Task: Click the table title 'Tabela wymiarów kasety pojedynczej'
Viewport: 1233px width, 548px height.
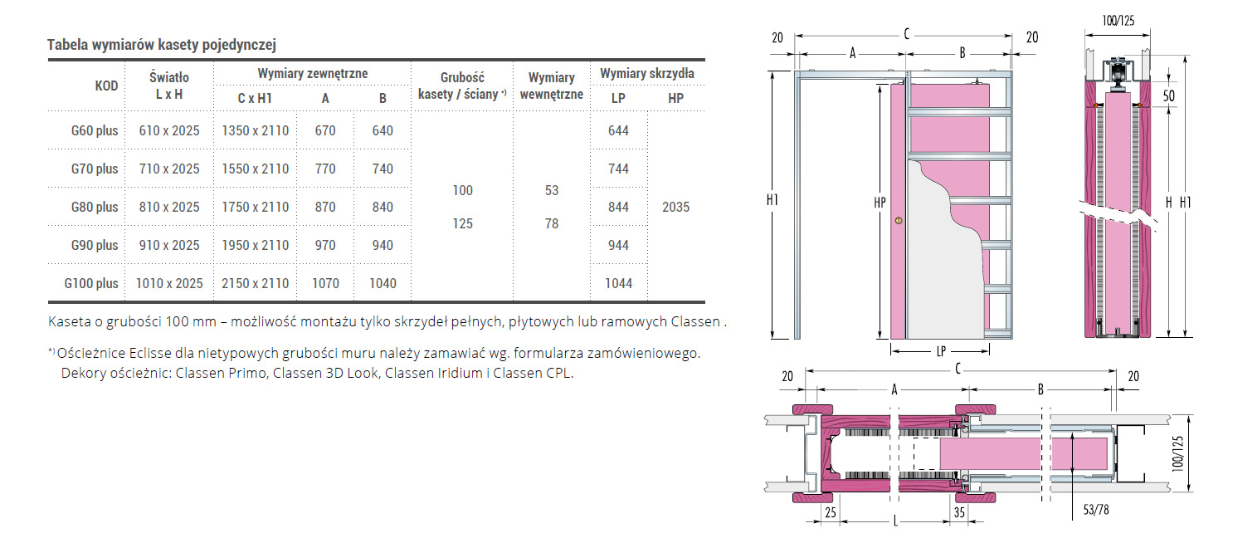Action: (161, 45)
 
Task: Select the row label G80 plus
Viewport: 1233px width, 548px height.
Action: (95, 207)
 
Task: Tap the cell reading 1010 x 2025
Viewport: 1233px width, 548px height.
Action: (169, 284)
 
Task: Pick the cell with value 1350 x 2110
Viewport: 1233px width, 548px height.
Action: (256, 131)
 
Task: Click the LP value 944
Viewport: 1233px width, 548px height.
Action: (619, 246)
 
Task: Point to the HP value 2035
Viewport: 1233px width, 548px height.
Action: (676, 207)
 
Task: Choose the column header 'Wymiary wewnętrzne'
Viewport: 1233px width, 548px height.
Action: (552, 86)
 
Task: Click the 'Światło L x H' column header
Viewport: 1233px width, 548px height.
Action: (169, 86)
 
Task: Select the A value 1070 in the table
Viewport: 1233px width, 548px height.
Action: (326, 284)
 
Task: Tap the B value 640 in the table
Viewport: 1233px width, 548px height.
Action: (383, 131)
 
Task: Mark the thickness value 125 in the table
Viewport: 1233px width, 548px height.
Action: (463, 223)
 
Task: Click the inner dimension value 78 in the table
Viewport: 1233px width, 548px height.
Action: (552, 223)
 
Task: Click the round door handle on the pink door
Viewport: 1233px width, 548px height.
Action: (899, 221)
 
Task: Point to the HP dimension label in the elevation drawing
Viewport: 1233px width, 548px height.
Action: (880, 203)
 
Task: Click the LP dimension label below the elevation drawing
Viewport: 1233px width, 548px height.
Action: (941, 351)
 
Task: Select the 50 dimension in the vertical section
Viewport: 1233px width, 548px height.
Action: (1168, 95)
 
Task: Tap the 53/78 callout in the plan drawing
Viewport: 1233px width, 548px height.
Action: (1096, 510)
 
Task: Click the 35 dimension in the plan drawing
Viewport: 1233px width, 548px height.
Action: (959, 512)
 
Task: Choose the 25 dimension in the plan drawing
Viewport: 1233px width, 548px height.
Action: (831, 512)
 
